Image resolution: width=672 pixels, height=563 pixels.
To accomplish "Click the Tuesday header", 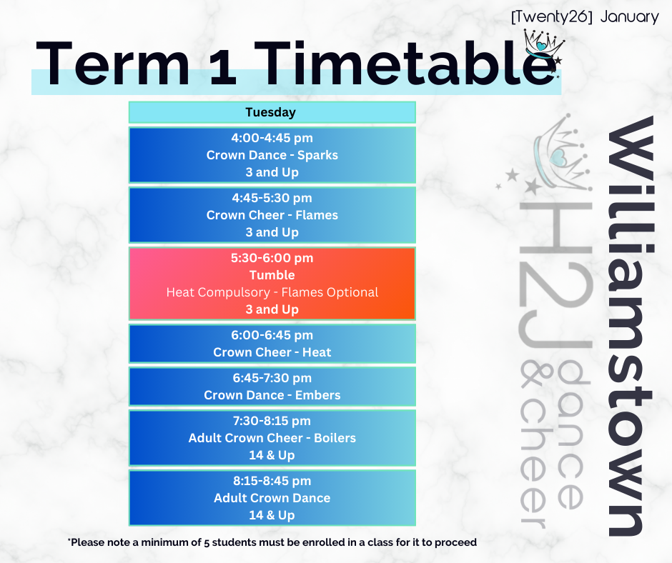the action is (x=270, y=112).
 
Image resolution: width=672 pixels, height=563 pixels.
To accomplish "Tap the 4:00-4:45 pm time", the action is (x=272, y=138).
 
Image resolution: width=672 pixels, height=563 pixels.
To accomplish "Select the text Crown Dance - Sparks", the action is (x=272, y=155).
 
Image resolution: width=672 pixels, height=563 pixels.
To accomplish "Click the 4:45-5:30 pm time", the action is (x=272, y=198).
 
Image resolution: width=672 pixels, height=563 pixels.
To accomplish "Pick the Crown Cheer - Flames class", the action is (x=272, y=215).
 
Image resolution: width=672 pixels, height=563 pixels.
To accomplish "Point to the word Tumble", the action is (x=272, y=275).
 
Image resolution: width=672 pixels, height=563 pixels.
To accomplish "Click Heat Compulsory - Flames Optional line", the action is (x=272, y=292).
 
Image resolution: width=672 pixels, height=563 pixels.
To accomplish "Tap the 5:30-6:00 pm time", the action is (x=272, y=258).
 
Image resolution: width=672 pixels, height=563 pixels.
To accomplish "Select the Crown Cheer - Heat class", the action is (x=272, y=352).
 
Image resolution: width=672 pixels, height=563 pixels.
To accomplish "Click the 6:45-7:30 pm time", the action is (x=272, y=378).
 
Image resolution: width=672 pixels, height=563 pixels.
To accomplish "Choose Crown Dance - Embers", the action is (x=272, y=395).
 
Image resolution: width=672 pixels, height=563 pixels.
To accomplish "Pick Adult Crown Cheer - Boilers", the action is (x=272, y=438).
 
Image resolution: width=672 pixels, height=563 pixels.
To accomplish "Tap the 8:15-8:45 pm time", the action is (x=272, y=481).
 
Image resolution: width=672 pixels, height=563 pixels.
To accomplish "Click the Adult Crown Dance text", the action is (x=272, y=498).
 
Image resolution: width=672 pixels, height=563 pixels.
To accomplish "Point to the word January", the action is (x=629, y=18).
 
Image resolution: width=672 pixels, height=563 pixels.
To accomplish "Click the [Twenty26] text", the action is (x=552, y=18).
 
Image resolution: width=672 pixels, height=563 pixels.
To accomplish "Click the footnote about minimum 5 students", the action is (x=272, y=542).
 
